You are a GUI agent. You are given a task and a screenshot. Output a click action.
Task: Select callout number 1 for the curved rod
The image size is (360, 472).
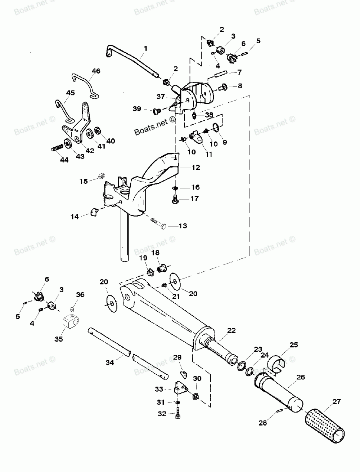coord(146,48)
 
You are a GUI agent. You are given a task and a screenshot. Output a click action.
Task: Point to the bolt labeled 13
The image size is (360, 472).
coord(158,223)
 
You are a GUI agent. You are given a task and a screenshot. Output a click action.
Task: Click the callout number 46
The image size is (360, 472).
coord(96,71)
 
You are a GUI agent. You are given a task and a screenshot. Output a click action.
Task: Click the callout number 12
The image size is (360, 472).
coord(196,168)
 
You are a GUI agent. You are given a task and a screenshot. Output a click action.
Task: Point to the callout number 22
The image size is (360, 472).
coord(231,330)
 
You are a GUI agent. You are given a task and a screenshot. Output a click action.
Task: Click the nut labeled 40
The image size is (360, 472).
coord(97,130)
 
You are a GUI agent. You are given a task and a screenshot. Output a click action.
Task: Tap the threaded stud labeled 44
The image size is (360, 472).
coord(59,148)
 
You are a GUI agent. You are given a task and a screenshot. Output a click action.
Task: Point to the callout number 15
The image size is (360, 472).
coord(84,181)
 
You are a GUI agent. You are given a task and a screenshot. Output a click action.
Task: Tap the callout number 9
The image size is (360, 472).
coord(225,142)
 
